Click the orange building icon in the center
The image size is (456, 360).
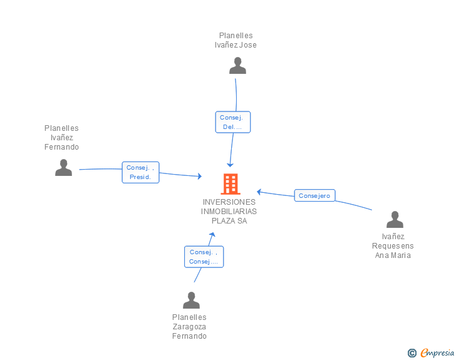pyautogui.click(x=231, y=184)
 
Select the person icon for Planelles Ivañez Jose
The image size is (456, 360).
pyautogui.click(x=237, y=66)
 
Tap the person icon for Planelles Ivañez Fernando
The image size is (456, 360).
pyautogui.click(x=63, y=168)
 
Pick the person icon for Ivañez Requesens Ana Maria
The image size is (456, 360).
pyautogui.click(x=395, y=219)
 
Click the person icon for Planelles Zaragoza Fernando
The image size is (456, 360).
pyautogui.click(x=192, y=300)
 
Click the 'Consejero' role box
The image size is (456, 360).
pyautogui.click(x=314, y=195)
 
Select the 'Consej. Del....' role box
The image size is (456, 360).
pyautogui.click(x=232, y=122)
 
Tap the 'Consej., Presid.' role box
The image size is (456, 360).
pyautogui.click(x=140, y=172)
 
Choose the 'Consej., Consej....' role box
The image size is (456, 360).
pyautogui.click(x=204, y=257)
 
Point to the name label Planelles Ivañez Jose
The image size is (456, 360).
pyautogui.click(x=236, y=40)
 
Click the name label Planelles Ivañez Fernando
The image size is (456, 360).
pyautogui.click(x=61, y=138)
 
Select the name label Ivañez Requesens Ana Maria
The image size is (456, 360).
pyautogui.click(x=393, y=246)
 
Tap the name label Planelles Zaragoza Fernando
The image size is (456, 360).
pyautogui.click(x=189, y=327)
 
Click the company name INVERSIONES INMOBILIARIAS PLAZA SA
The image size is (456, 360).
pyautogui.click(x=229, y=212)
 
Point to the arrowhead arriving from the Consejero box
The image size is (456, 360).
pyautogui.click(x=259, y=192)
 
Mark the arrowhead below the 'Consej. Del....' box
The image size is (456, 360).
pyautogui.click(x=230, y=165)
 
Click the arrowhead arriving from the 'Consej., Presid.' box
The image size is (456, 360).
pyautogui.click(x=200, y=176)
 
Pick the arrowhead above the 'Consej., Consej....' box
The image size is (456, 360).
pyautogui.click(x=212, y=235)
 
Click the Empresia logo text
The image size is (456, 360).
pyautogui.click(x=437, y=353)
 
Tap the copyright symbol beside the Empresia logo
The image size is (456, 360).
pyautogui.click(x=412, y=353)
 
